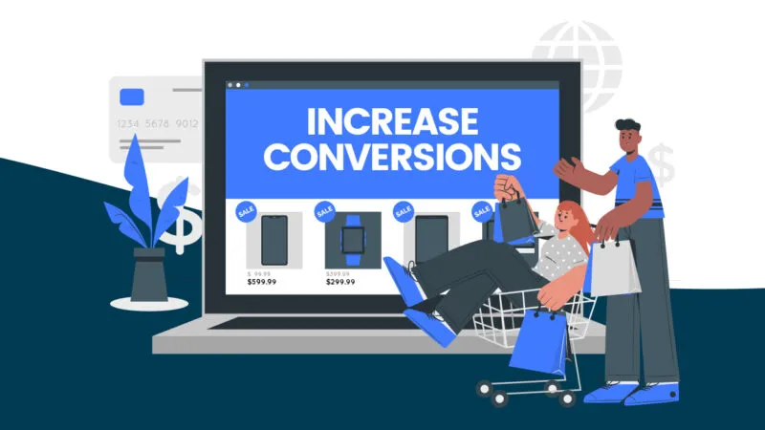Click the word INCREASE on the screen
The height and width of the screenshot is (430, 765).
click(392, 120)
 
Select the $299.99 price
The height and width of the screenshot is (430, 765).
click(344, 282)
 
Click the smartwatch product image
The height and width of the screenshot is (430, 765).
click(352, 239)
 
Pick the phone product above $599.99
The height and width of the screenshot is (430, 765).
click(274, 239)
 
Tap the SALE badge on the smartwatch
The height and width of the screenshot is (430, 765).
click(324, 210)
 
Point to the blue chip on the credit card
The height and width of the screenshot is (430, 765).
click(132, 97)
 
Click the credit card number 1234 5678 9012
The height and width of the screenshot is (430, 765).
click(158, 124)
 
